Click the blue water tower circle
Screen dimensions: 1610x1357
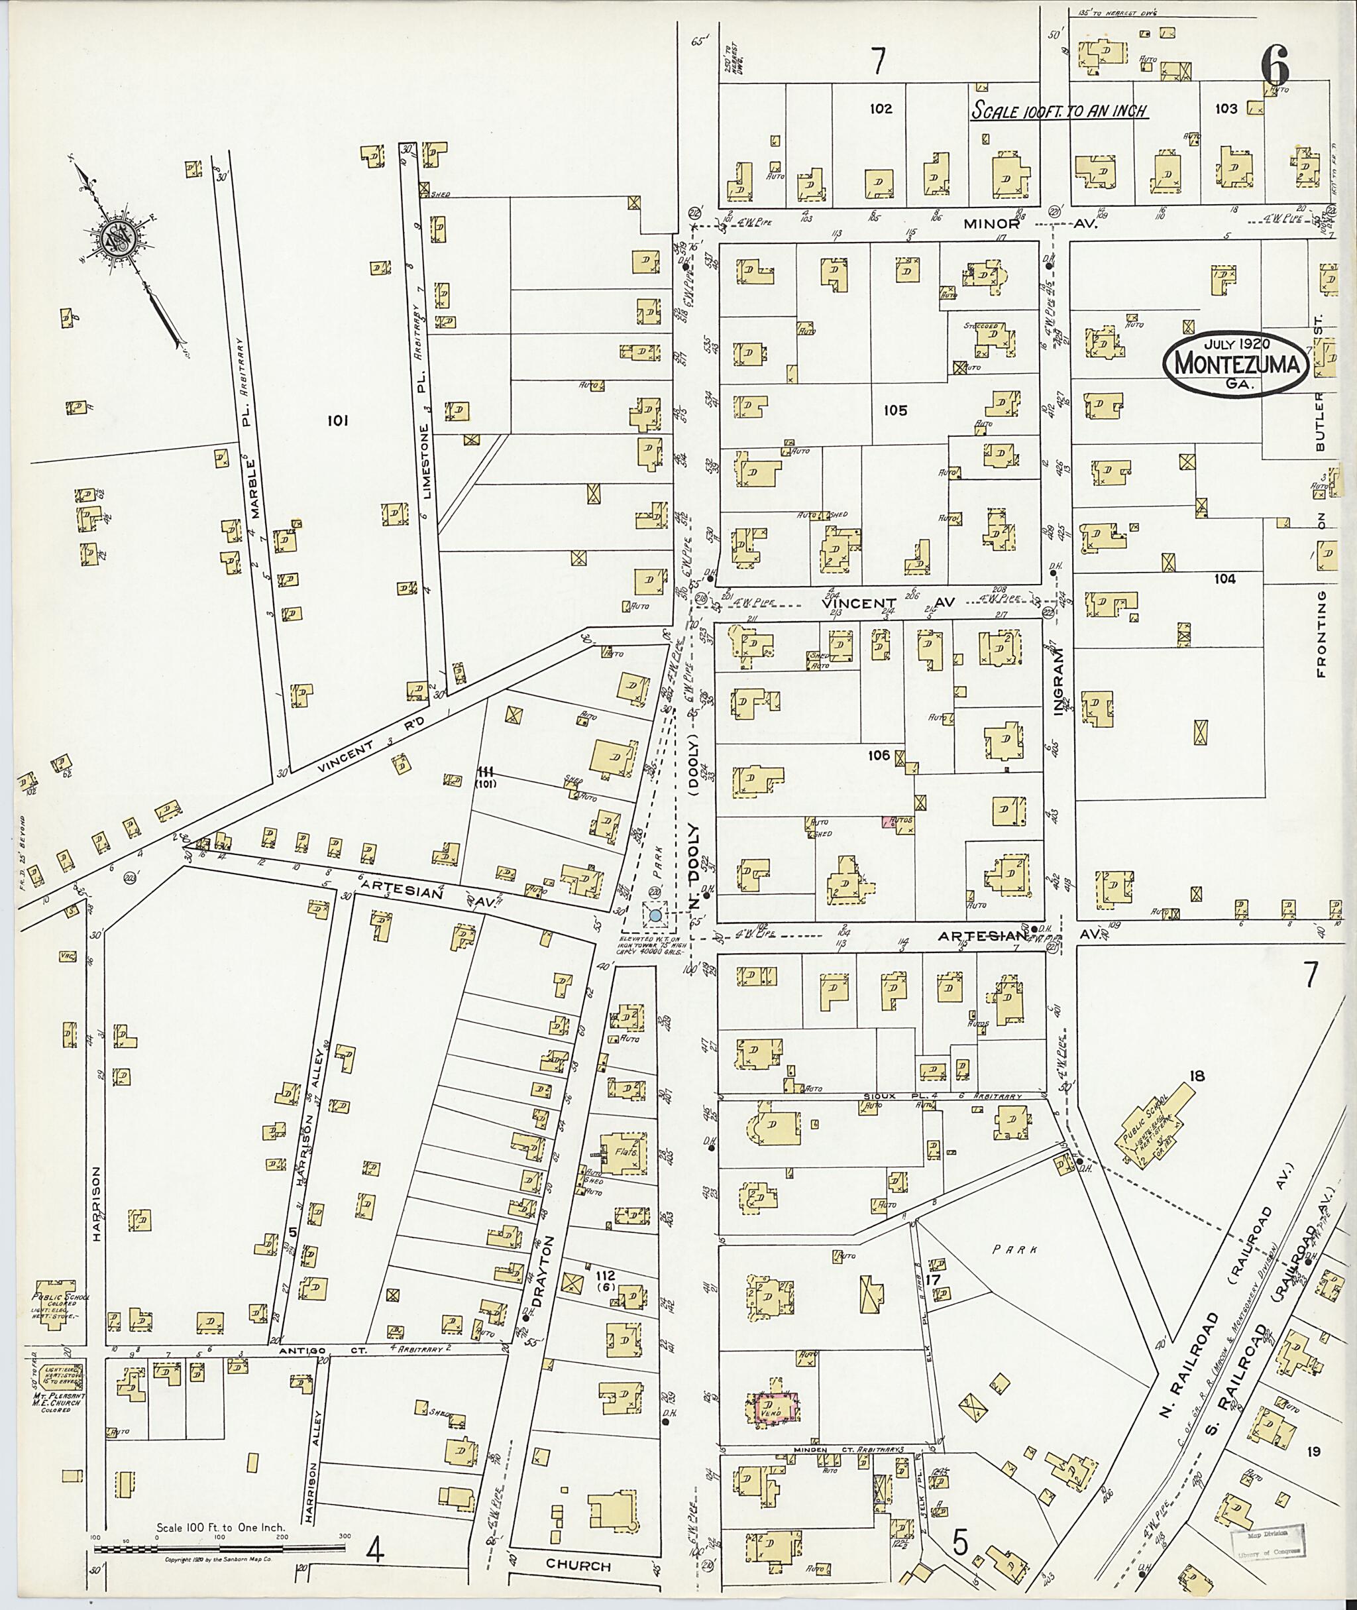tap(655, 916)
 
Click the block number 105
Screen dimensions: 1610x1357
tap(895, 410)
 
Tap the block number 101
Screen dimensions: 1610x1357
tap(338, 420)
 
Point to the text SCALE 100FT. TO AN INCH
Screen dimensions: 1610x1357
tap(1059, 111)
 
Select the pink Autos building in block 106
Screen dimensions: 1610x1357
tap(896, 822)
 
